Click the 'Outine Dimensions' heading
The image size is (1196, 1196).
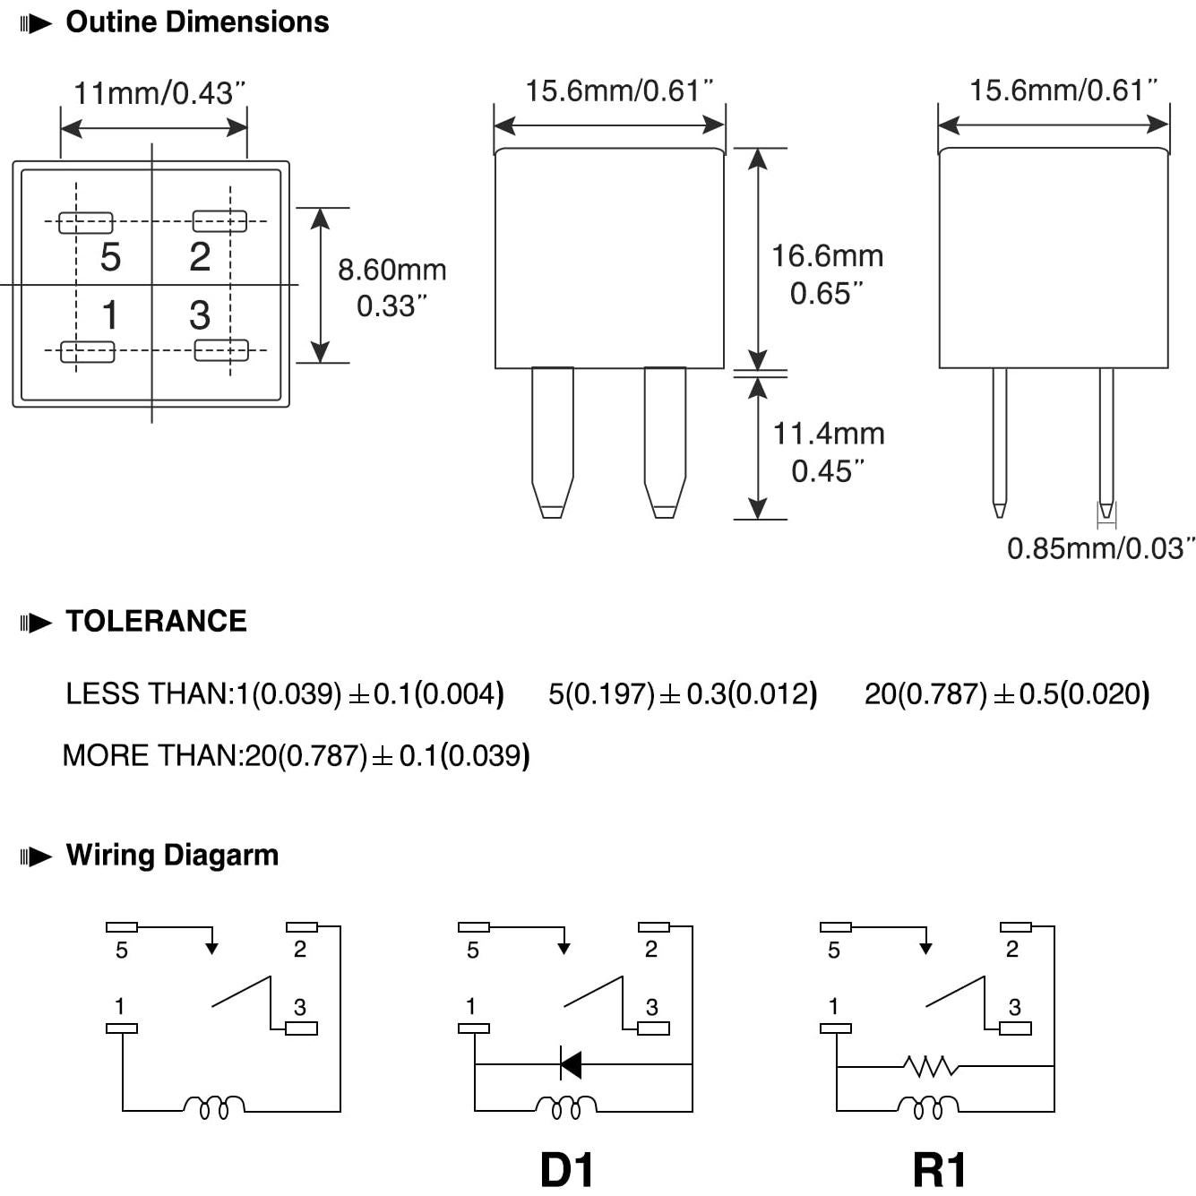pos(197,22)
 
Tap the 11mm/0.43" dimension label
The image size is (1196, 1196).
pos(159,93)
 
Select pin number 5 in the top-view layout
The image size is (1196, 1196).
pos(110,257)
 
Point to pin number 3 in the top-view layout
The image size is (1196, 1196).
pos(200,315)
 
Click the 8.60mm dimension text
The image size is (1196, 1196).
pos(391,270)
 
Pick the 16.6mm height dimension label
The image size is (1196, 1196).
pos(827,257)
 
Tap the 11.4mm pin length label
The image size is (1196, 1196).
pos(828,435)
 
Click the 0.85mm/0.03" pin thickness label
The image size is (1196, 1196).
pos(1100,548)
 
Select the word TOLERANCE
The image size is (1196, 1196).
pos(156,622)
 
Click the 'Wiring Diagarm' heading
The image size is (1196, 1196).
pos(172,856)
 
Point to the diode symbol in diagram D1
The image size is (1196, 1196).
pos(570,1064)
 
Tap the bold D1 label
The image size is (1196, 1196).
pos(567,1170)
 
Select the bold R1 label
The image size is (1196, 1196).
pos(940,1170)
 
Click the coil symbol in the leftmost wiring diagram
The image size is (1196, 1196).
pos(213,1107)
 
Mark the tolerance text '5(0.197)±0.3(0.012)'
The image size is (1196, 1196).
pos(683,694)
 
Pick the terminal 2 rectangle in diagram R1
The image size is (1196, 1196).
pos(1015,927)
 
